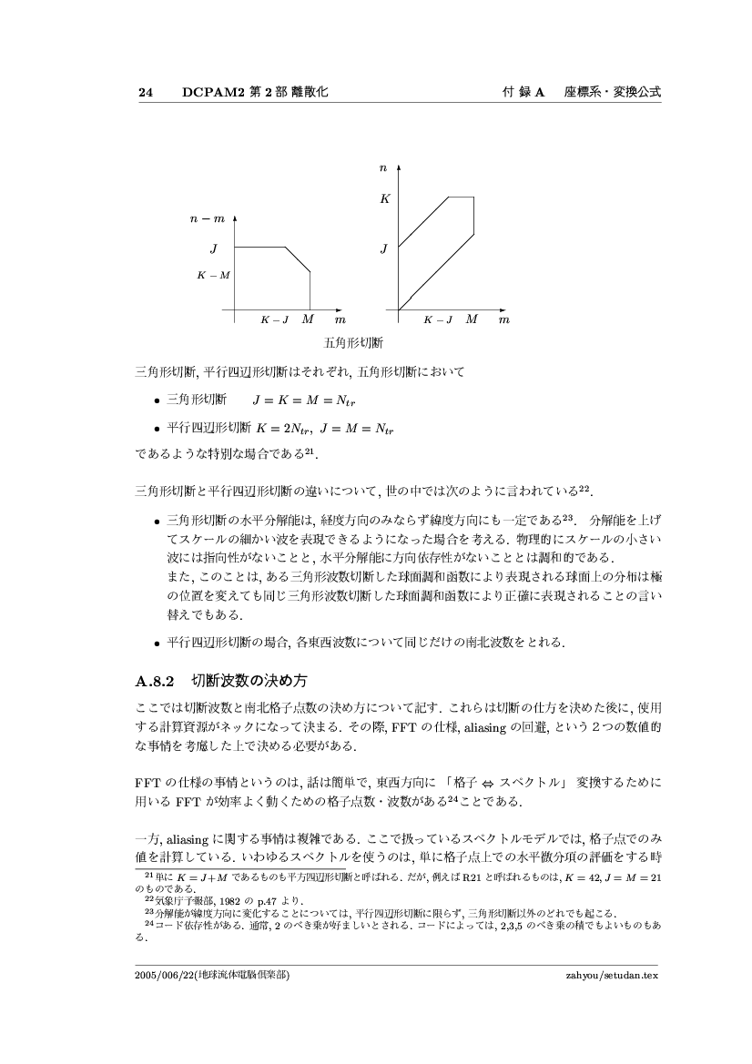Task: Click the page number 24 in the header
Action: pos(145,93)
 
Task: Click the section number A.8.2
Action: pos(154,679)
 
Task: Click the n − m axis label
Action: pos(208,219)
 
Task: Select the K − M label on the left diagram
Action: pos(214,274)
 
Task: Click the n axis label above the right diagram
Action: pos(385,168)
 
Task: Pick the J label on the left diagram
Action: pos(214,247)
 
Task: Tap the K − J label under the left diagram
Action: pos(275,320)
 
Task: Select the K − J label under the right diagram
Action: pos(438,320)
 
